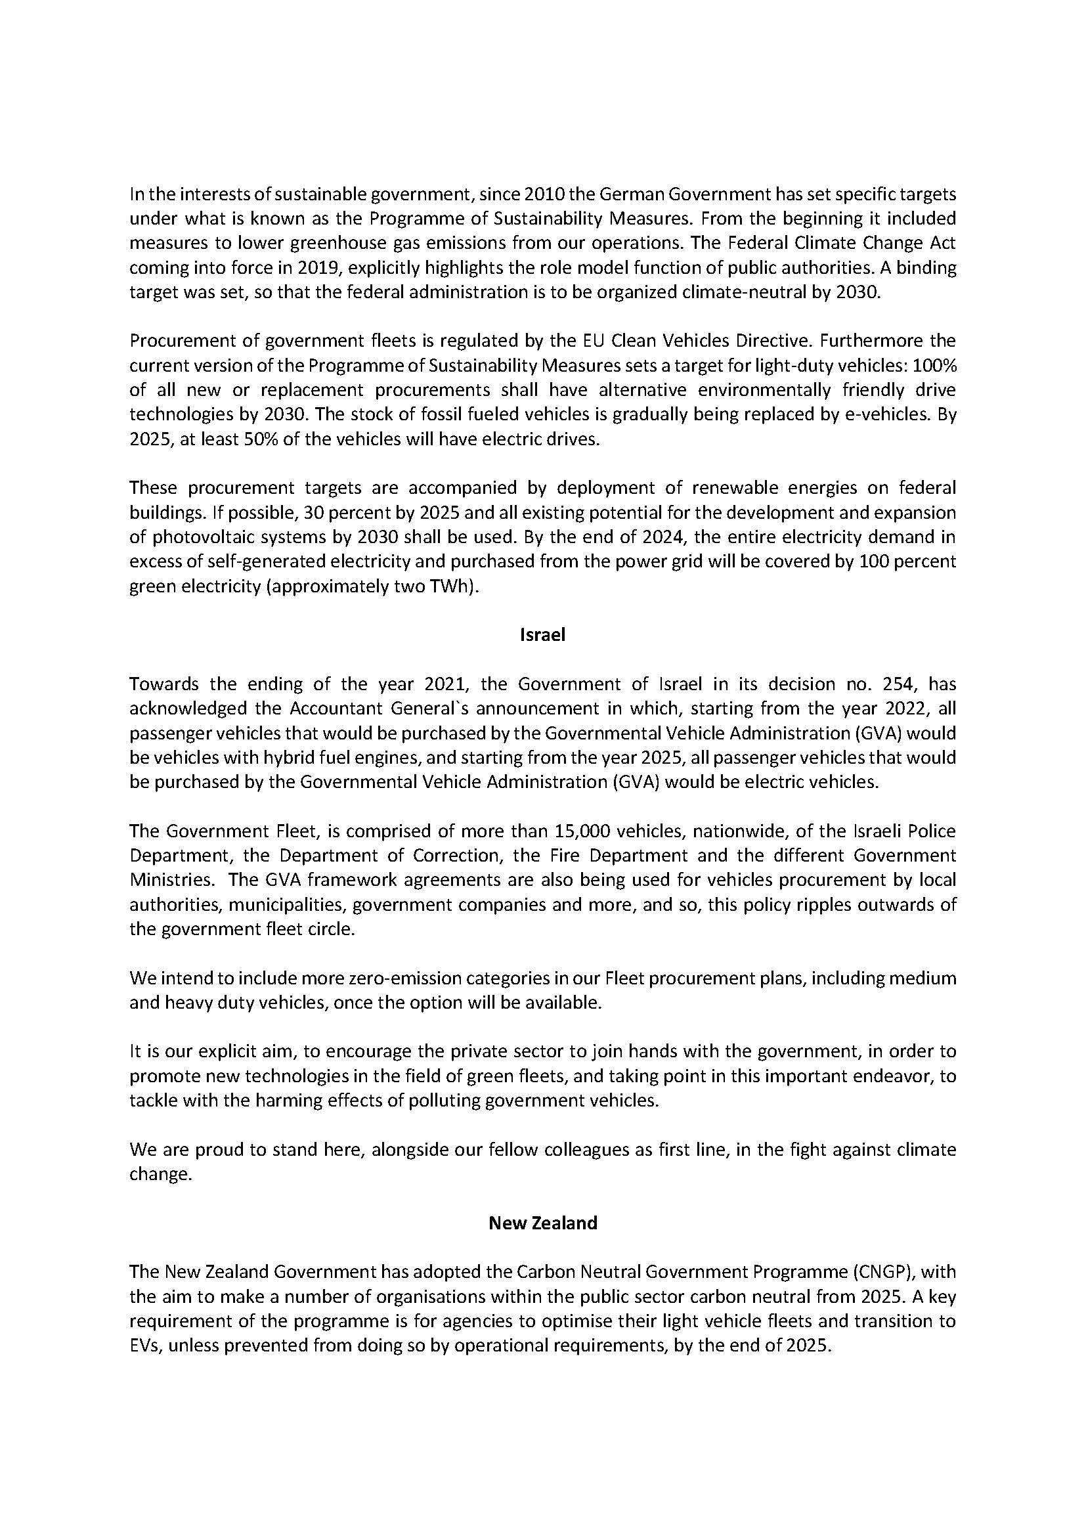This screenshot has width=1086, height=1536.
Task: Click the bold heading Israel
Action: click(x=542, y=635)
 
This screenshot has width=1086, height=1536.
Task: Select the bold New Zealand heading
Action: click(x=542, y=1223)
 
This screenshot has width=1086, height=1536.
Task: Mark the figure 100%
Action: click(x=934, y=366)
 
